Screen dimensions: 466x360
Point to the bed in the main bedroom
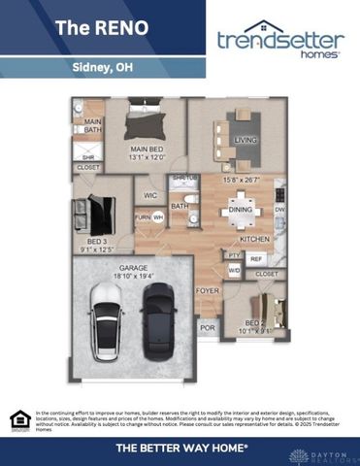click(147, 120)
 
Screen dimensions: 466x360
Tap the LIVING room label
click(245, 140)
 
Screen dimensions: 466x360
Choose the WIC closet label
click(150, 195)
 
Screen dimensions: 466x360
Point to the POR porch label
click(207, 328)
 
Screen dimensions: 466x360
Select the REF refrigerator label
click(257, 259)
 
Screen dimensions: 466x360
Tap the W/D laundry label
click(235, 271)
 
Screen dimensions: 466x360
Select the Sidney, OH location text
click(103, 68)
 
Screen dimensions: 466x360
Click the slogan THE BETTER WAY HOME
click(181, 448)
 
